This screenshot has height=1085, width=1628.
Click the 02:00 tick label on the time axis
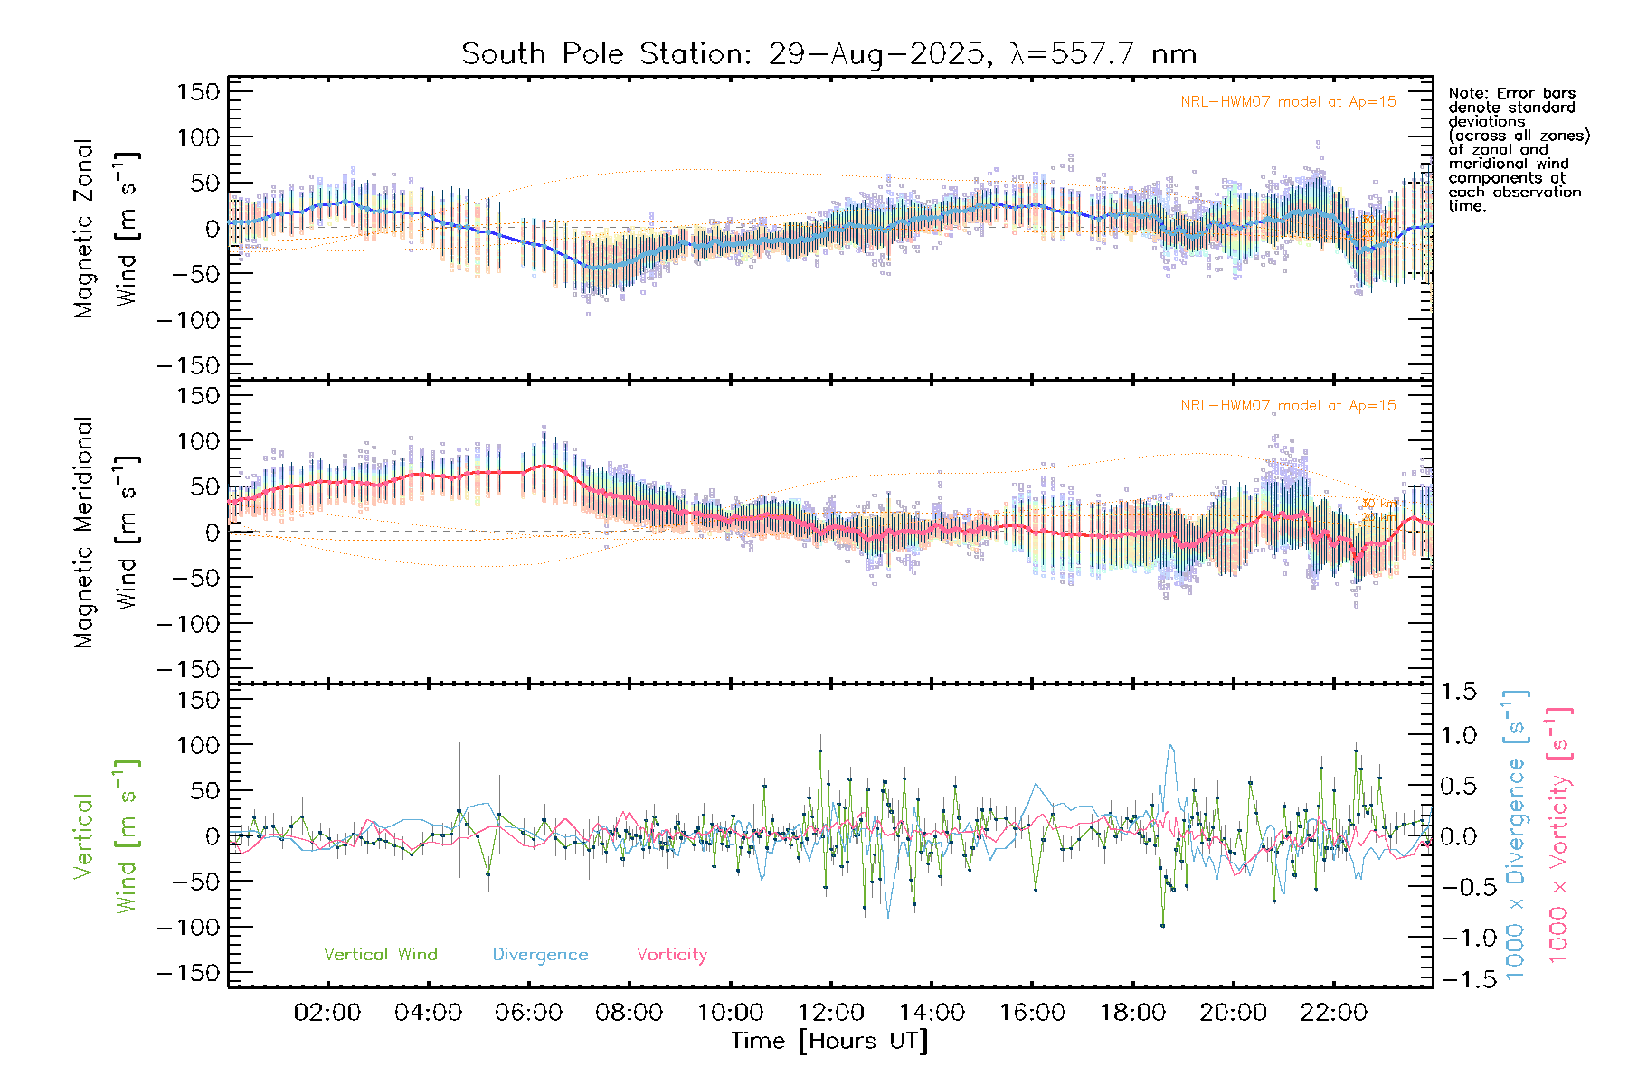(x=327, y=1013)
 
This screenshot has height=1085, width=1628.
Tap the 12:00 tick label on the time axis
(x=831, y=1013)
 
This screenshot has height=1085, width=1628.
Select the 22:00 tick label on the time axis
(x=1333, y=1013)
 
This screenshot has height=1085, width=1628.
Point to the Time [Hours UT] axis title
(x=829, y=1041)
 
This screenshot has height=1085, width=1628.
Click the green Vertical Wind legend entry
(x=380, y=954)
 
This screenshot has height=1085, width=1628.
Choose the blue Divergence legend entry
(x=540, y=954)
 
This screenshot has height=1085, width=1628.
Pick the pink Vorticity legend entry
(x=671, y=954)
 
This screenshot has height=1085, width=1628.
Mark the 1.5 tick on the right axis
(x=1459, y=692)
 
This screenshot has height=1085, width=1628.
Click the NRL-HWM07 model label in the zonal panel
(x=1288, y=102)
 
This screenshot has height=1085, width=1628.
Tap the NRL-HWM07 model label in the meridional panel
(x=1288, y=406)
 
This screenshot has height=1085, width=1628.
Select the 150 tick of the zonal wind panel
(x=199, y=91)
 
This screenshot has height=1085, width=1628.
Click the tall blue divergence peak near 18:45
(x=1171, y=746)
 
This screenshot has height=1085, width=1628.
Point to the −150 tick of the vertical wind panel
(x=188, y=973)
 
